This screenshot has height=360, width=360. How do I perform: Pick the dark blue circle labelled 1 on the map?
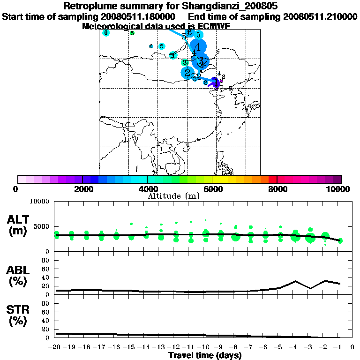215,82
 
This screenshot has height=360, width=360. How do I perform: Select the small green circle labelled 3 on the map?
185,62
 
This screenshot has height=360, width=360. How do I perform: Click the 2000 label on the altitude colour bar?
82,189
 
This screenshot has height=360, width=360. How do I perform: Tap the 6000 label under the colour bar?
212,189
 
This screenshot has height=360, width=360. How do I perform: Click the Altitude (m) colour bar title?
173,195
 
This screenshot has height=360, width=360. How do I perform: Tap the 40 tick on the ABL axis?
46,277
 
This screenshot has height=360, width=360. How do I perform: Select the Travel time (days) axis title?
205,356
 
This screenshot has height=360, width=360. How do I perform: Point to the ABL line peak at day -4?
295,281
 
